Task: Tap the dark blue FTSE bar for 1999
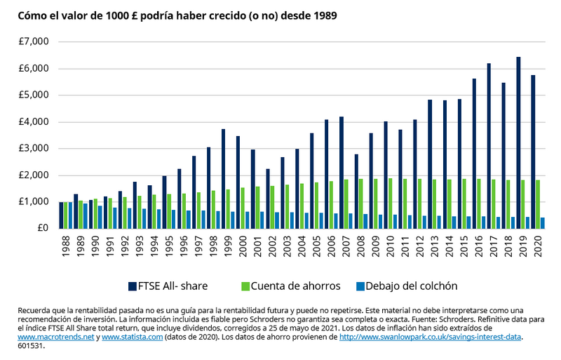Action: click(223, 178)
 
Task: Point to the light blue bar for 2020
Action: click(542, 222)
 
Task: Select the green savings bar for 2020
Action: click(538, 204)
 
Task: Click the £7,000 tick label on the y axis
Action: click(33, 41)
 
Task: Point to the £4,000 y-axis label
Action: click(33, 121)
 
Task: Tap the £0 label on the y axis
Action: click(43, 228)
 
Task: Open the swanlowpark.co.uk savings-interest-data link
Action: click(431, 337)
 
